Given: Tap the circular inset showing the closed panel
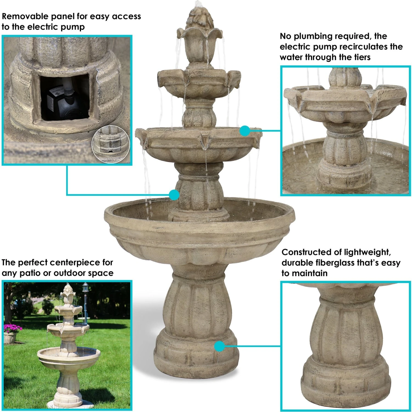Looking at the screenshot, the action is coord(111,144).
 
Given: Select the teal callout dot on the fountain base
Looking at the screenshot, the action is coord(219,347).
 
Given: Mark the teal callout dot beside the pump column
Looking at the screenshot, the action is coord(174,195).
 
